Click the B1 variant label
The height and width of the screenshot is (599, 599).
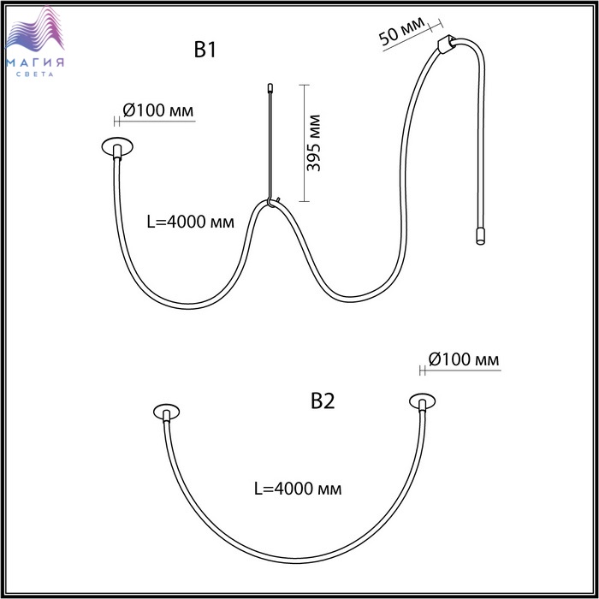coord(205,50)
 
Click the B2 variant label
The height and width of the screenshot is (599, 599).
coord(323,401)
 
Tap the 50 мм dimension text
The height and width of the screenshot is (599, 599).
coord(401,30)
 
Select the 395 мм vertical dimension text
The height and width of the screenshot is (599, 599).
coord(314,143)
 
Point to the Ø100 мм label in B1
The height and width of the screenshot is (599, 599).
coord(158,110)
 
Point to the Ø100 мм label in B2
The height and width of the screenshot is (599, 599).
coord(464,359)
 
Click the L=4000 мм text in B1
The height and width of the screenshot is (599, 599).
coord(191,222)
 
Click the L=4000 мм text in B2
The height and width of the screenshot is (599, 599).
coord(298,489)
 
